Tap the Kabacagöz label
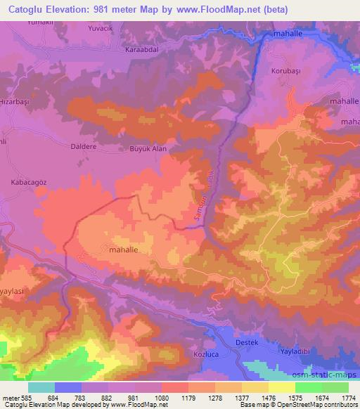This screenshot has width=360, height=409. (27, 182)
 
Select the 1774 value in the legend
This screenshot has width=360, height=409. (347, 398)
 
